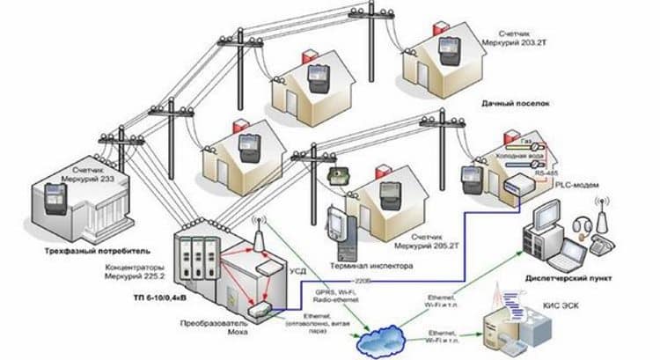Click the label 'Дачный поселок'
tap(515, 104)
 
